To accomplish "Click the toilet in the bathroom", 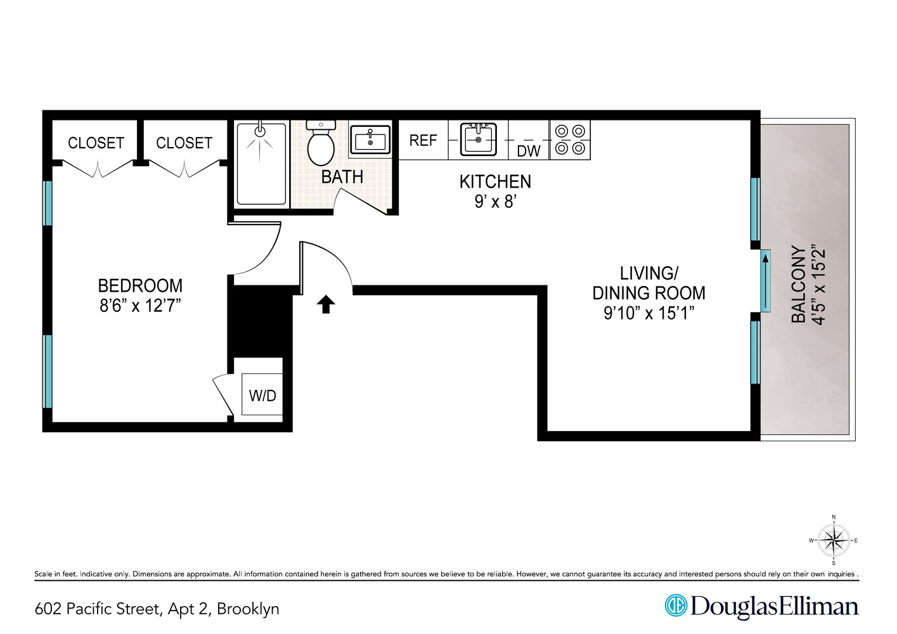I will pyautogui.click(x=321, y=145).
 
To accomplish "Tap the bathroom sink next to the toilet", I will pyautogui.click(x=370, y=140).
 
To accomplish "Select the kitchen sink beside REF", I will pyautogui.click(x=478, y=139).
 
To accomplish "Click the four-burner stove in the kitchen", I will pyautogui.click(x=569, y=139).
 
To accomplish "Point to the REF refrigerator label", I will pyautogui.click(x=423, y=140).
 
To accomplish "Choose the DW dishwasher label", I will pyautogui.click(x=528, y=151).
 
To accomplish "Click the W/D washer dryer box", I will pyautogui.click(x=262, y=396).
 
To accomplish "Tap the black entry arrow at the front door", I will pyautogui.click(x=326, y=304).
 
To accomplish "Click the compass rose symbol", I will pyautogui.click(x=833, y=541).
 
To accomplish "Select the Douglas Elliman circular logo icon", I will pyautogui.click(x=676, y=605).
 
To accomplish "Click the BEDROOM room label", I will pyautogui.click(x=140, y=285).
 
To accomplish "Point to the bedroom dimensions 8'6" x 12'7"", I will pyautogui.click(x=140, y=306).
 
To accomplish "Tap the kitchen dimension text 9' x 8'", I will pyautogui.click(x=495, y=202).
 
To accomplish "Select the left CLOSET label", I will pyautogui.click(x=96, y=143).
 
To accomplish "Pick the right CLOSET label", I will pyautogui.click(x=184, y=143).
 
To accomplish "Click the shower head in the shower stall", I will pyautogui.click(x=260, y=131).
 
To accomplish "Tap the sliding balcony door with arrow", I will pyautogui.click(x=765, y=281).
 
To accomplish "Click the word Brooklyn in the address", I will pyautogui.click(x=248, y=609).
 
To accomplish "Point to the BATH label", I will pyautogui.click(x=342, y=177).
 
